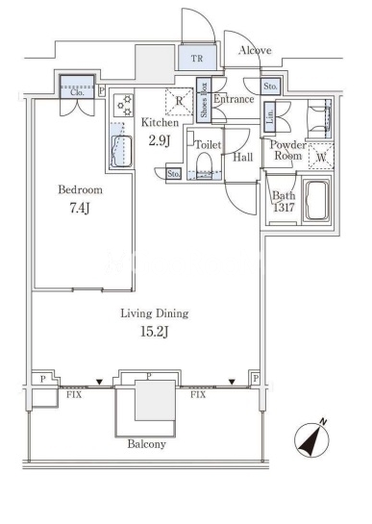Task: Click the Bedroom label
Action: pos(80,189)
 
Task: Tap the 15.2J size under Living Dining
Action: pos(154,332)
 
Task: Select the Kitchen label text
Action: pos(160,123)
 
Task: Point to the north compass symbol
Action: pos(311,439)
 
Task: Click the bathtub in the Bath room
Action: pos(316,202)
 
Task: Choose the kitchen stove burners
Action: pos(123,106)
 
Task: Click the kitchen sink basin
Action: pos(121,151)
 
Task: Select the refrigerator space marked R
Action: pos(180,102)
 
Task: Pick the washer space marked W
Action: pos(321,157)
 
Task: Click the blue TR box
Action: pos(197,58)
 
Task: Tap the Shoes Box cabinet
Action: pos(204,100)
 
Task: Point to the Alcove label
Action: pos(255,50)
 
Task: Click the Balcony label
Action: pos(147,444)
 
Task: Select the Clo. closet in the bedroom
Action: pos(77,87)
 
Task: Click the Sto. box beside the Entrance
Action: pos(270,86)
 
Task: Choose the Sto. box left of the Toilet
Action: pos(173,173)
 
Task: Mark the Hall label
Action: pos(242,157)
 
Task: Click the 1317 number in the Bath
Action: pos(285,208)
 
